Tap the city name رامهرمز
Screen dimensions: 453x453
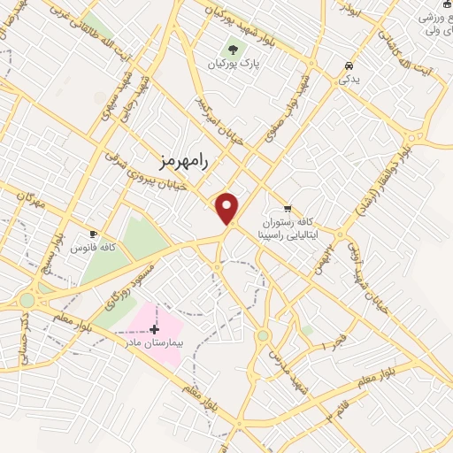(x=184, y=160)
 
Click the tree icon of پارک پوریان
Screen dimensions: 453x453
(x=233, y=50)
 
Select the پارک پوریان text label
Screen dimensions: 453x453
(x=233, y=65)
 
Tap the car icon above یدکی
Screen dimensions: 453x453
(x=349, y=66)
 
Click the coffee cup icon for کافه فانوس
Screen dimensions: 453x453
(x=93, y=234)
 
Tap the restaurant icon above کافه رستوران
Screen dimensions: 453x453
(x=287, y=208)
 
